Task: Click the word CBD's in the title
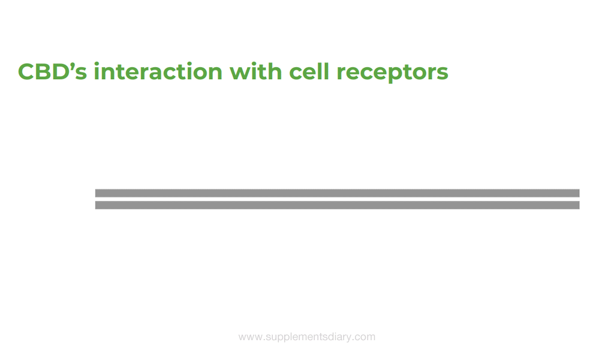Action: [53, 71]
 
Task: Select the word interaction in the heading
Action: [158, 71]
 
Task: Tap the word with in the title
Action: [255, 71]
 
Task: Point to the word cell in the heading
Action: [309, 71]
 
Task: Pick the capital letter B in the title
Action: [44, 71]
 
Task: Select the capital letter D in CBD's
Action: [62, 71]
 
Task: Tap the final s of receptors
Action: [443, 73]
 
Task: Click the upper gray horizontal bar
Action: [337, 193]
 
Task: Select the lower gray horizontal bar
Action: [337, 205]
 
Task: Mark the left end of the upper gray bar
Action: [95, 193]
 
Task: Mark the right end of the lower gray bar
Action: [579, 205]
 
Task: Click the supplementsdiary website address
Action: [307, 337]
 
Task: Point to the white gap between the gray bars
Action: [337, 199]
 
